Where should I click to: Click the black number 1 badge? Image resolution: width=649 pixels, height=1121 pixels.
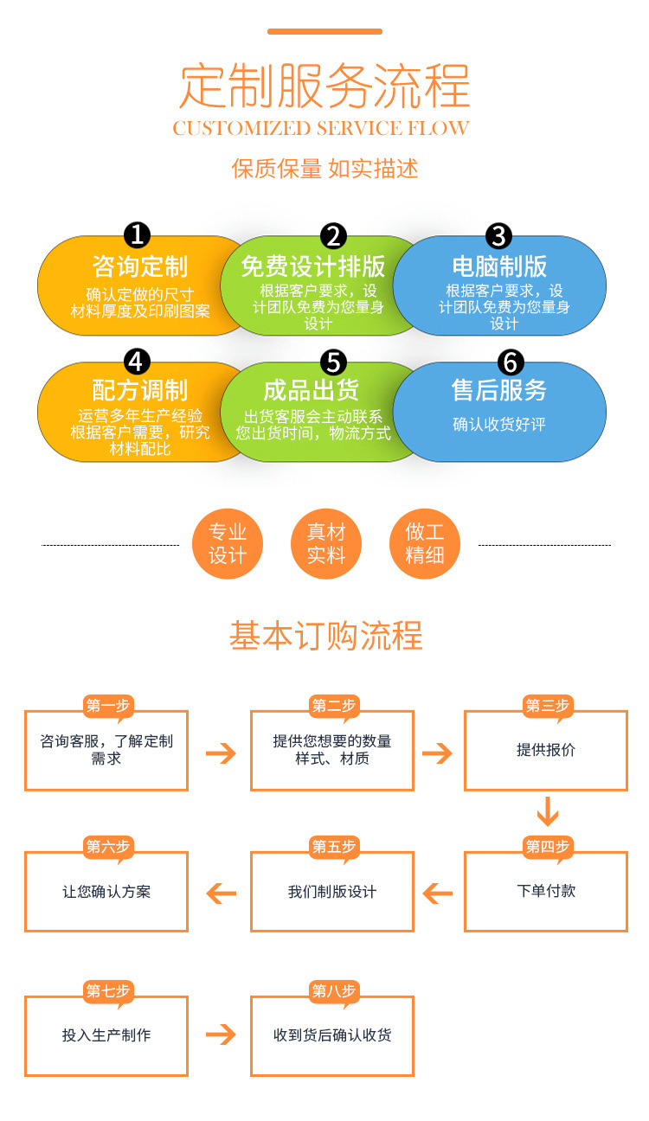click(x=138, y=235)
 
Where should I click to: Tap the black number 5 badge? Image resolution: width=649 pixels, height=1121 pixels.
click(x=333, y=362)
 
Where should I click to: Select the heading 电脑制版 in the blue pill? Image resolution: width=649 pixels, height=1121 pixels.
click(x=499, y=266)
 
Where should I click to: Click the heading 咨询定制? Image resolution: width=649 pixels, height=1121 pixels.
click(x=139, y=266)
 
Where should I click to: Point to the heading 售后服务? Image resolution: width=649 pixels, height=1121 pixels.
click(x=499, y=390)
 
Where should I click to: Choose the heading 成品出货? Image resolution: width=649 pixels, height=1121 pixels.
click(x=311, y=390)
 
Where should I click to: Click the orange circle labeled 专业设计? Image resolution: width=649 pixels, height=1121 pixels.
click(x=228, y=544)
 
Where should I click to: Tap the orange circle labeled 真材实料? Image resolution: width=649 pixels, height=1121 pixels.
click(x=325, y=544)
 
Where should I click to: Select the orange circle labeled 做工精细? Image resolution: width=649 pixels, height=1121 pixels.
click(x=424, y=544)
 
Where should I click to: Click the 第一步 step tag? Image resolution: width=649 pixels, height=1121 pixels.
click(x=108, y=706)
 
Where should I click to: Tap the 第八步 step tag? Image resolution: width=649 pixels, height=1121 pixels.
click(x=334, y=991)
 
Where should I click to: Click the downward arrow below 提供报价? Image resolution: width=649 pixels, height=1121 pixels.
click(x=547, y=812)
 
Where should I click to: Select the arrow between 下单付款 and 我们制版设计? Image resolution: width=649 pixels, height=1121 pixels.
click(x=438, y=893)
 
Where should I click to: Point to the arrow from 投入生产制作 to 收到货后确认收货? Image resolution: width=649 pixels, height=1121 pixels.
click(x=221, y=1035)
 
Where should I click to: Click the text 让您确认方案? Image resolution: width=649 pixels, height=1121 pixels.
click(x=106, y=892)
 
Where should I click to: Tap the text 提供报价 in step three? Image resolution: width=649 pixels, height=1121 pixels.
click(x=546, y=750)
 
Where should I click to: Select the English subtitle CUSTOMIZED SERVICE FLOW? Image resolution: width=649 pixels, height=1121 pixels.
click(x=321, y=129)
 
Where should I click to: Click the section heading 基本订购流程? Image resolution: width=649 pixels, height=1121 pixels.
click(x=325, y=636)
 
